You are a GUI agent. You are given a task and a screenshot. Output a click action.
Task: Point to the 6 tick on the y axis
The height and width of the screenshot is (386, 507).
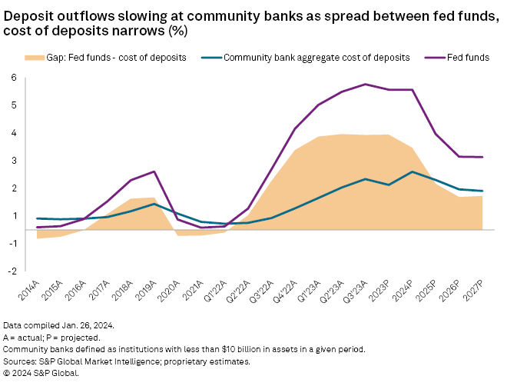tap(14, 77)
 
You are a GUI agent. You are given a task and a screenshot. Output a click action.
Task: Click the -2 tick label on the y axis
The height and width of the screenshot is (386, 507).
tap(12, 271)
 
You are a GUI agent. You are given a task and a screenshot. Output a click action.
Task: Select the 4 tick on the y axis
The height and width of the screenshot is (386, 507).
tap(14, 132)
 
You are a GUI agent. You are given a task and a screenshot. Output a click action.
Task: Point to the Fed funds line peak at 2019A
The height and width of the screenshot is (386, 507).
tap(155, 171)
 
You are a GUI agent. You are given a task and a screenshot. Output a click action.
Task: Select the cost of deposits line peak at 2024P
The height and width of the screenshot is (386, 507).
tap(413, 171)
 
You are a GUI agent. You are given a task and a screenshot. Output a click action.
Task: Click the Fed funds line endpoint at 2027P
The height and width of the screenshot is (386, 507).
tap(482, 157)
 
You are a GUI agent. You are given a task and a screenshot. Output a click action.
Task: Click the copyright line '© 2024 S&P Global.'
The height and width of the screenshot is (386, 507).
tap(41, 372)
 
